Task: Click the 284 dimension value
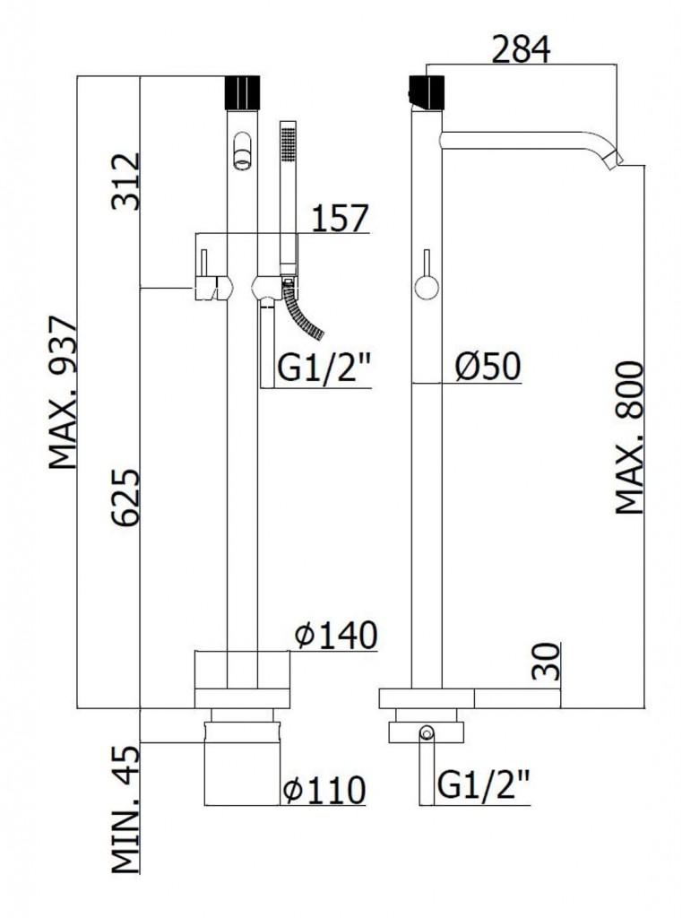pyautogui.click(x=521, y=49)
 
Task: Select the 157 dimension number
pyautogui.click(x=341, y=218)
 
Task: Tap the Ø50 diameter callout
pyautogui.click(x=488, y=367)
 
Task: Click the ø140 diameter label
pyautogui.click(x=335, y=636)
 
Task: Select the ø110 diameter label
pyautogui.click(x=324, y=790)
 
